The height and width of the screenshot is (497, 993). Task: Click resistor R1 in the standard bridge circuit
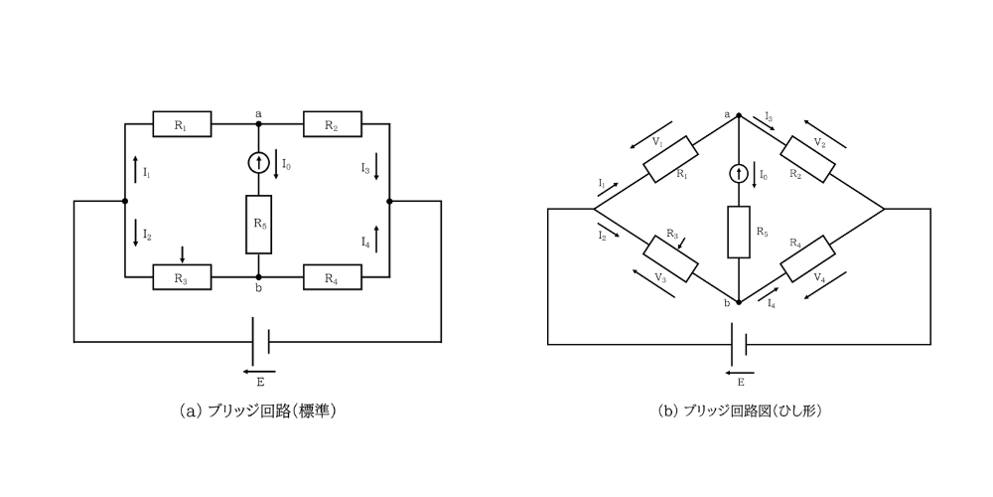(x=182, y=124)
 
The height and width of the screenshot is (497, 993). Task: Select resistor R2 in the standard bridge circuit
(x=333, y=124)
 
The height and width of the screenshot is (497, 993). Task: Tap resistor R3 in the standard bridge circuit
(x=182, y=277)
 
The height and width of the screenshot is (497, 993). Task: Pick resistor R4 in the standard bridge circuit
(x=333, y=277)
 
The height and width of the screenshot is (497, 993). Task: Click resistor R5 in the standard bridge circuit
(x=258, y=224)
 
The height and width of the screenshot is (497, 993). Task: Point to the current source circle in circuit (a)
(x=258, y=161)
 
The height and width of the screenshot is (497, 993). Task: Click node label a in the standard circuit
(x=258, y=113)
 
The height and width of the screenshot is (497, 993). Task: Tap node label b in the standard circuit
(x=258, y=289)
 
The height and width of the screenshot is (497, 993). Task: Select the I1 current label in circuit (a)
(x=146, y=173)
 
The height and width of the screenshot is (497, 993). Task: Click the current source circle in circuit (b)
(x=739, y=174)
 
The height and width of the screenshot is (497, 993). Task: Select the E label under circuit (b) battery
(x=740, y=381)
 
